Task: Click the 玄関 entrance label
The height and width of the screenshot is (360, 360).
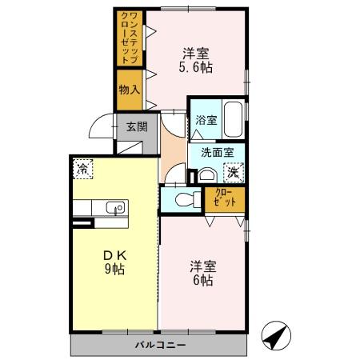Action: (x=137, y=126)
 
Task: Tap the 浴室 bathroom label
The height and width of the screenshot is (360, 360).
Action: (x=206, y=120)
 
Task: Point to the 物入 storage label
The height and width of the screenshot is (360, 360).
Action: (x=129, y=88)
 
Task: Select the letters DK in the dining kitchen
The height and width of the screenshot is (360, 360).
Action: (x=114, y=254)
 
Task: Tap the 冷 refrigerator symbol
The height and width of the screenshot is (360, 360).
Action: (x=82, y=169)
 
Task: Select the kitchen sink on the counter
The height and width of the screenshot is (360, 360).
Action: (x=113, y=210)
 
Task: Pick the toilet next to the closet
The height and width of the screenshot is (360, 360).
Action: (x=183, y=198)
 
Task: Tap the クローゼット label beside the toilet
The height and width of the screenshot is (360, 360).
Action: (x=225, y=198)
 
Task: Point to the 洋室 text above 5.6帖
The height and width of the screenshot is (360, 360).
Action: (x=195, y=54)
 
